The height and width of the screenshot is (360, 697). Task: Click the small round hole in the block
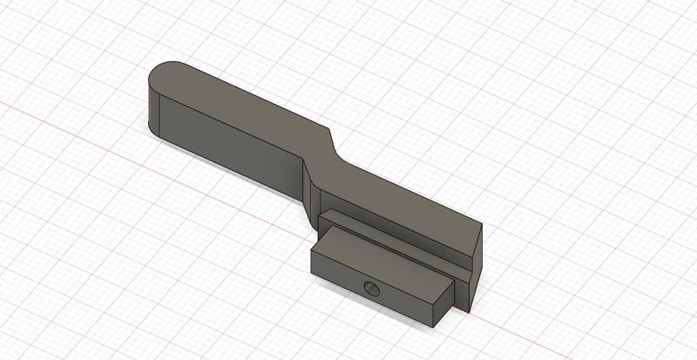tap(371, 289)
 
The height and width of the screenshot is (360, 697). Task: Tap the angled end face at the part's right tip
tap(475, 270)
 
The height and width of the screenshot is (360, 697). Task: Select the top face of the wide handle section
tap(244, 105)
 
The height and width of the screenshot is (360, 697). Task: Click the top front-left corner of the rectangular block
tap(312, 248)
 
